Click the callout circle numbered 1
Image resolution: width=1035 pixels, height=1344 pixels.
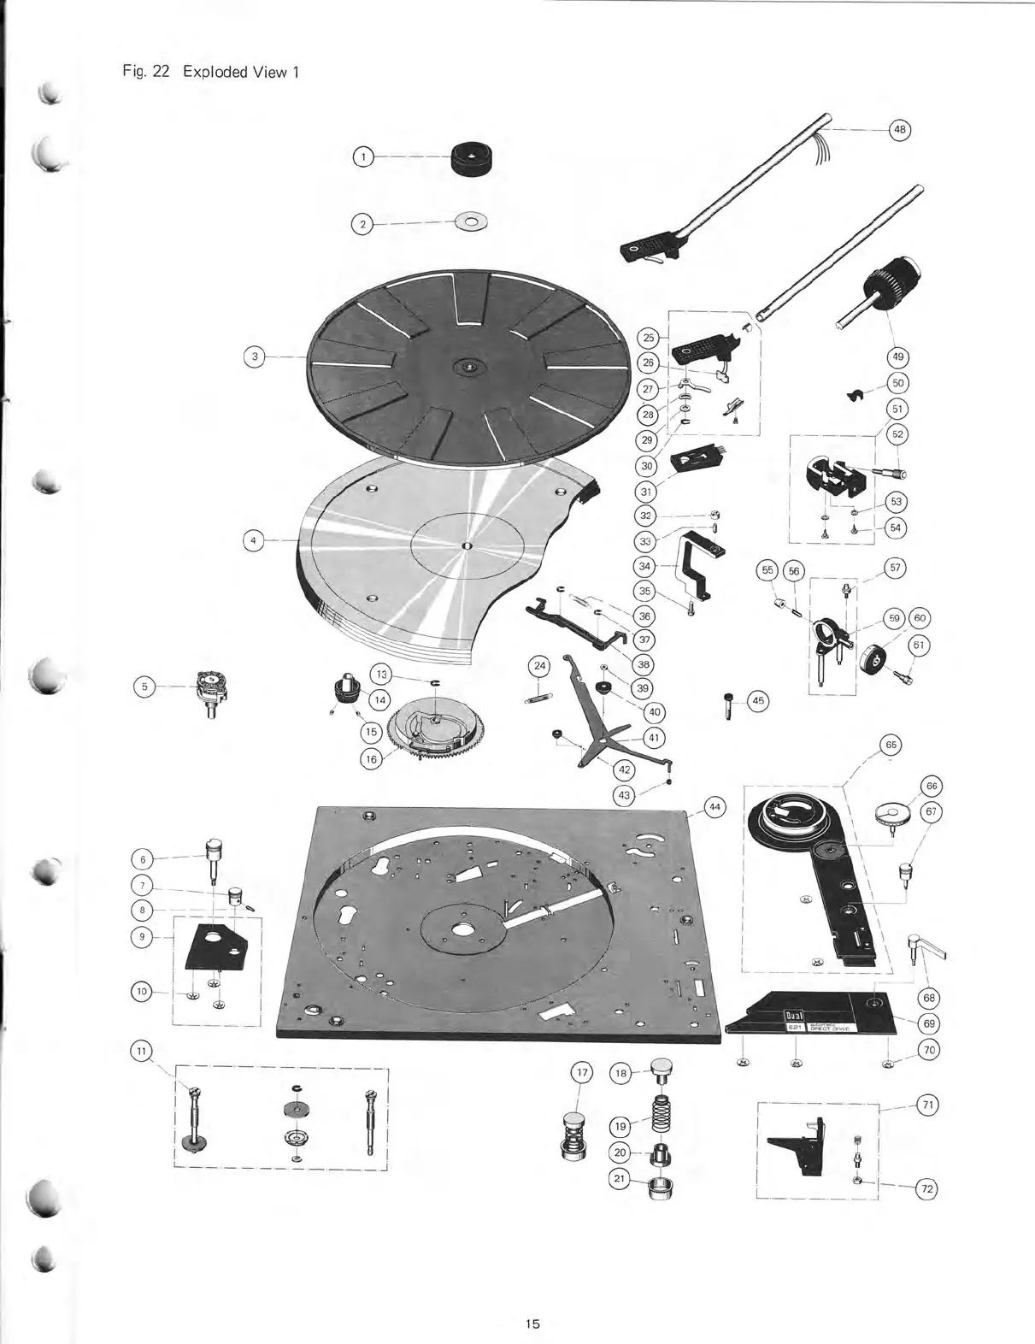[363, 157]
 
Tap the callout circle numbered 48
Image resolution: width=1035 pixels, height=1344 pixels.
[899, 130]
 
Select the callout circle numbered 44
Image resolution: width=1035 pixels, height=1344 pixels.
[715, 806]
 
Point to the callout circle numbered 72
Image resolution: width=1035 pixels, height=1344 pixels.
[926, 1188]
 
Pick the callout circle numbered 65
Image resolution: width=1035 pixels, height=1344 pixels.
[891, 744]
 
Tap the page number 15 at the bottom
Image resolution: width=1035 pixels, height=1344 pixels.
[532, 1323]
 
